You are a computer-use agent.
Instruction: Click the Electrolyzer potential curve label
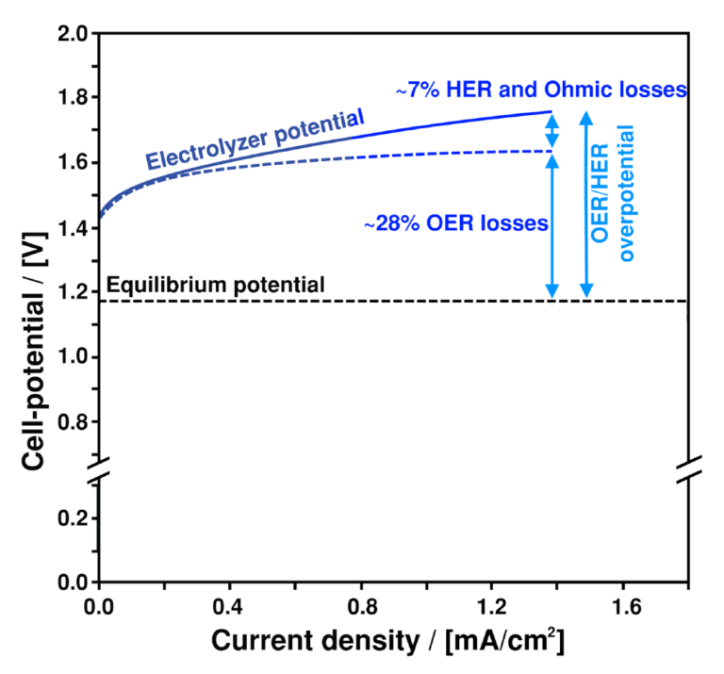[x=255, y=140]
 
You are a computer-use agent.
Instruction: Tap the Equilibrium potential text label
[x=218, y=283]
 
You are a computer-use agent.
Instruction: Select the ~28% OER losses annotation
[x=456, y=224]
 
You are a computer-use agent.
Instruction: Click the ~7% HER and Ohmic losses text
[x=540, y=90]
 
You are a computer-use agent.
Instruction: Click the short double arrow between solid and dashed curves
[x=553, y=130]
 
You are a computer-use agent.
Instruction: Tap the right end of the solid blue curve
[x=551, y=111]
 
